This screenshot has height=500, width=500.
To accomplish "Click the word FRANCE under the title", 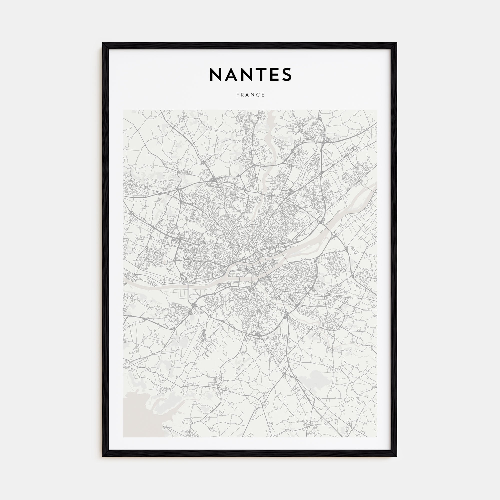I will click(250, 95).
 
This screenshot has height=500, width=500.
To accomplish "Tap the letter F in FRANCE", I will click(237, 95).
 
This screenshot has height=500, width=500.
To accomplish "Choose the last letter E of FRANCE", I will click(263, 95).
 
